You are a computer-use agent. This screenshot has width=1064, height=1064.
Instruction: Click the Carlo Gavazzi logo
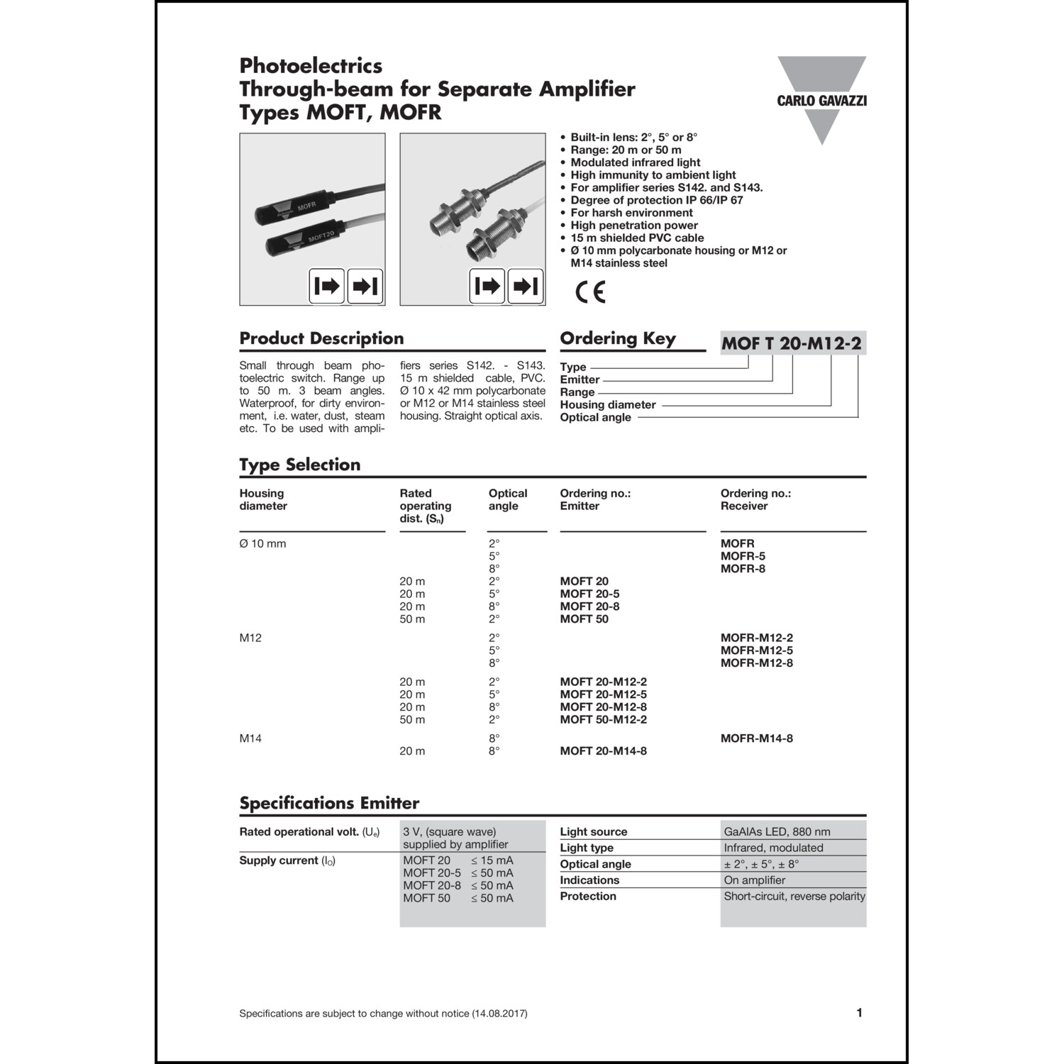pos(821,100)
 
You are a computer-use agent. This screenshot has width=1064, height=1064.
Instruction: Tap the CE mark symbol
pos(590,292)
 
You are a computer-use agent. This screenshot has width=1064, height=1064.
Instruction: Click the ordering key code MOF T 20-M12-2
pos(792,344)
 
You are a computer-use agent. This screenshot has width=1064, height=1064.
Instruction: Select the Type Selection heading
pos(299,465)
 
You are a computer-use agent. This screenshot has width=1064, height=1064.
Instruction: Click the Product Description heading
pos(321,338)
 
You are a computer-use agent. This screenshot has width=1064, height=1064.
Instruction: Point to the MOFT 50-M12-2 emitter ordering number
pos(603,719)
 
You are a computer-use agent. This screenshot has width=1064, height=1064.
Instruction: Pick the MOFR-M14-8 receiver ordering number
pos(756,738)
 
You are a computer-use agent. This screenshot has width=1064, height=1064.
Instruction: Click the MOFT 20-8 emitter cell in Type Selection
pos(589,606)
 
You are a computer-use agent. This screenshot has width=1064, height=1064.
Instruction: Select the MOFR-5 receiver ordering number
pos(743,556)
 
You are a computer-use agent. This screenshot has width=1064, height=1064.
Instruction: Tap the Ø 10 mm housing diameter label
pos(262,544)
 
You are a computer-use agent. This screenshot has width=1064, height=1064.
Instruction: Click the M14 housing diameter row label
pos(250,738)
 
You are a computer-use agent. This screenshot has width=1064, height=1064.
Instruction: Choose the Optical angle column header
pos(507,499)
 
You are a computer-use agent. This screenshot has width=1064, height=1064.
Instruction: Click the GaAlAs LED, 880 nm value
pos(777,832)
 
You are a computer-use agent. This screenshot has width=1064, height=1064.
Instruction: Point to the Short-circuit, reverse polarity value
pos(794,897)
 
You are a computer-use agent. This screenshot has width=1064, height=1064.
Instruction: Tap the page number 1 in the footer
pos(859,1013)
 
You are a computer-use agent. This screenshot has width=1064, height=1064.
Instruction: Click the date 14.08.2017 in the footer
pos(499,1014)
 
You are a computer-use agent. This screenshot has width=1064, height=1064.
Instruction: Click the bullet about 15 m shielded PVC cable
pos(636,238)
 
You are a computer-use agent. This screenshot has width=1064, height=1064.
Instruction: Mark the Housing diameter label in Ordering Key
pos(608,405)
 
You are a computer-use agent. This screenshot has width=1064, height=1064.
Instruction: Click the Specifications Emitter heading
pos(329,803)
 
